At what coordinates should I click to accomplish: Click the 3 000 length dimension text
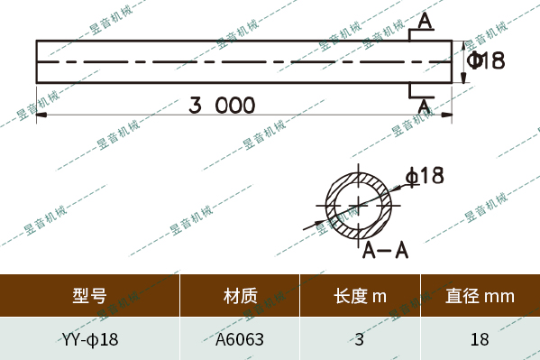[222, 105]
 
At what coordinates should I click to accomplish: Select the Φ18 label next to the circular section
[426, 176]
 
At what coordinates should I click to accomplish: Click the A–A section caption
[386, 250]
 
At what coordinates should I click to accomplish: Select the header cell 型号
[89, 295]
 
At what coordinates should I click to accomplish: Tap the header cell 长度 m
[360, 295]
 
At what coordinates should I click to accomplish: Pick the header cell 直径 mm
[480, 295]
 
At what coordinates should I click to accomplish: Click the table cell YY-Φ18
[90, 340]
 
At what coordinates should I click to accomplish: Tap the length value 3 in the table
[360, 340]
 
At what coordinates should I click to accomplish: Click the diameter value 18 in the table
[480, 340]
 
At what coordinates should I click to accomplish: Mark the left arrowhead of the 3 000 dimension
[40, 117]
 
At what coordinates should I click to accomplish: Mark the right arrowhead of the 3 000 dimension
[447, 117]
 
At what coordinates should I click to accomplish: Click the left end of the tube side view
[37, 61]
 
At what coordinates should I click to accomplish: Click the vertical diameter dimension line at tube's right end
[465, 61]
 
